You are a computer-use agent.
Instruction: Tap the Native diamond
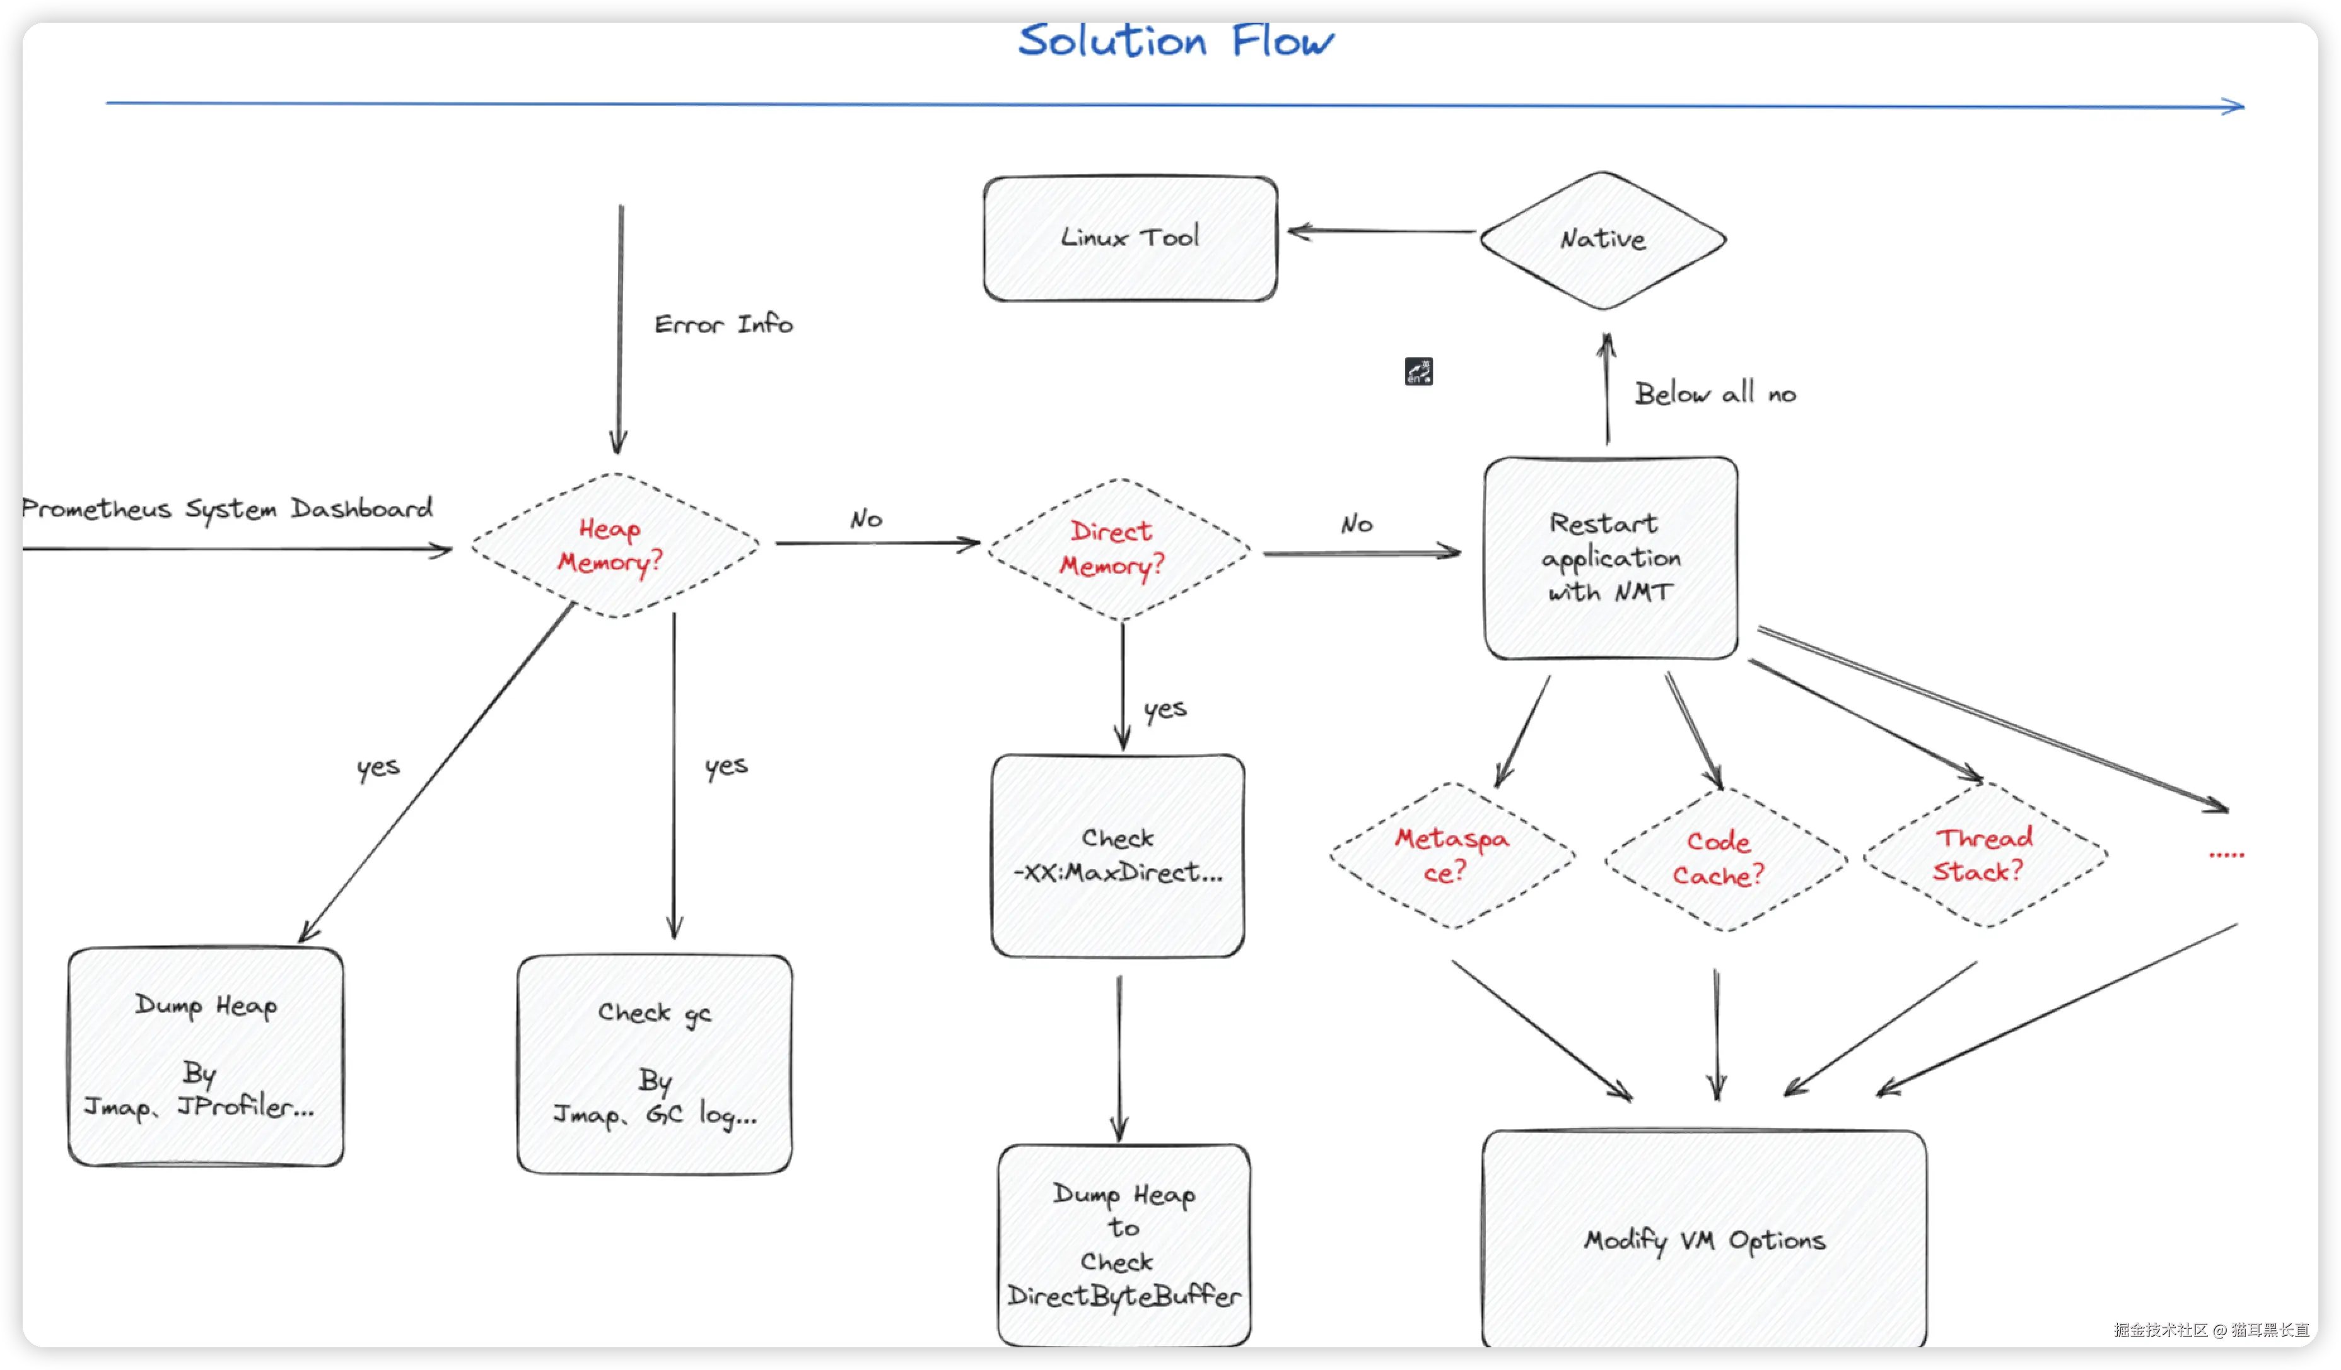1603,240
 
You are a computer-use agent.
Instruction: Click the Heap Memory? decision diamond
614,545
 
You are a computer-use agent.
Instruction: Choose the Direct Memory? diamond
1119,549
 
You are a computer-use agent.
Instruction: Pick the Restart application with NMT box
1611,558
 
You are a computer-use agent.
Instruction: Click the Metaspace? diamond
1452,855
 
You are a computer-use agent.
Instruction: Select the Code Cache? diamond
1725,858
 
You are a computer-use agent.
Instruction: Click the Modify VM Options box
1705,1238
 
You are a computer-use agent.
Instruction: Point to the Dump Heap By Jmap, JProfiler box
206,1057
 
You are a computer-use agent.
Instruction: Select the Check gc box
655,1065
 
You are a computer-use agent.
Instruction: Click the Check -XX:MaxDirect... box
1118,855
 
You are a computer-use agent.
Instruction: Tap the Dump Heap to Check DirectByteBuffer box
1124,1244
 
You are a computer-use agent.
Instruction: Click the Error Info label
723,324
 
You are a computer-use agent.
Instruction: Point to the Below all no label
1715,393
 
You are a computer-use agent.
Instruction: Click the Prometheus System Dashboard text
226,508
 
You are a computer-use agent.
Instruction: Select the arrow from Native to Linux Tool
1381,231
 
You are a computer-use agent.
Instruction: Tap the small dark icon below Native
1418,372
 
